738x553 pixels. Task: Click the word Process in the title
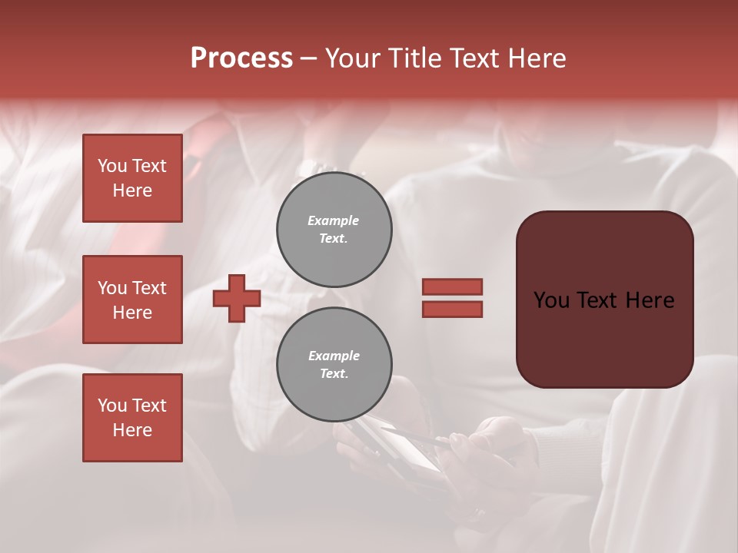pos(241,58)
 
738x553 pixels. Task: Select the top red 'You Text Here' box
pos(132,178)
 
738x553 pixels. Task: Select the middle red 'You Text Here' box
pos(132,300)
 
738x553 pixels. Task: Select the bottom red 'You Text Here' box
pos(132,418)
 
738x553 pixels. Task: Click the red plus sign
pos(237,298)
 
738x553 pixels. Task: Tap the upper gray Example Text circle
pos(334,230)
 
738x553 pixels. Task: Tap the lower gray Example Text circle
pos(334,365)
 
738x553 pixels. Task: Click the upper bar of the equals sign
pos(452,286)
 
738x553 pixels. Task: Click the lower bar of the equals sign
pos(452,310)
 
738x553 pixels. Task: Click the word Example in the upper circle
pos(334,220)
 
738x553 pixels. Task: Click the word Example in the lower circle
pos(334,356)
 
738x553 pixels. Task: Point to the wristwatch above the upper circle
pos(315,167)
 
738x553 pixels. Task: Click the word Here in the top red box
pos(132,190)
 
